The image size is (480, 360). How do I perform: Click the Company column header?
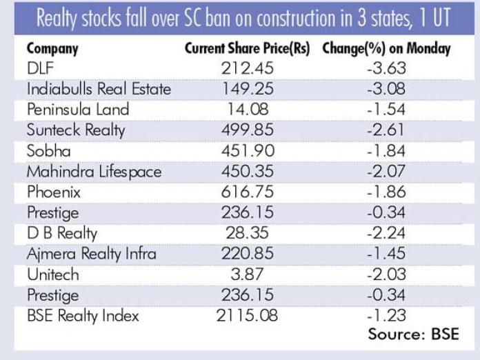52,49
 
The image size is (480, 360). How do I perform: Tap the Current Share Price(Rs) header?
248,49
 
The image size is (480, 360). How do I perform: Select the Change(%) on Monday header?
386,49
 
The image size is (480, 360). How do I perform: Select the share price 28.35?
248,234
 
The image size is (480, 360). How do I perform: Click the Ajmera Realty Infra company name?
92,254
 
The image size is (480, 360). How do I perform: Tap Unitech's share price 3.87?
248,275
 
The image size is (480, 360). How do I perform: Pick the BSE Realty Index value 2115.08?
248,317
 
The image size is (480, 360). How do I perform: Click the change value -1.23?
386,317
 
